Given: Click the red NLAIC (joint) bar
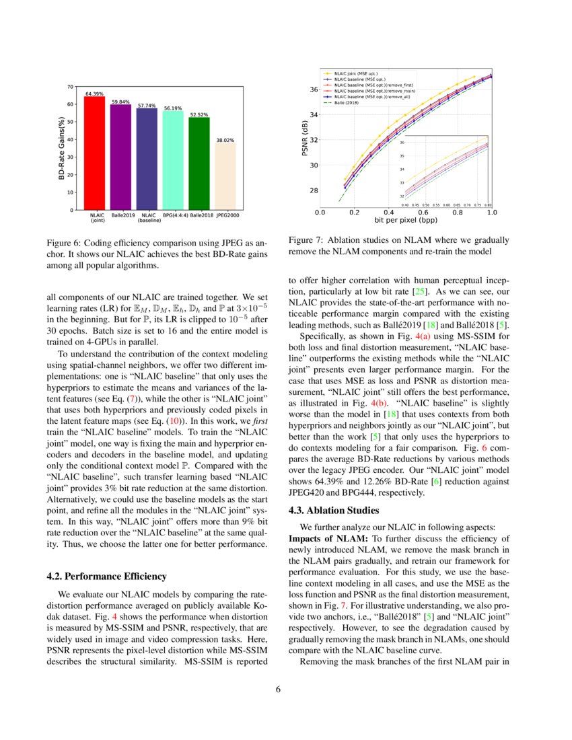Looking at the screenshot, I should tap(94, 153).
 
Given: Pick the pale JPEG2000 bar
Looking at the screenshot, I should tap(225, 176).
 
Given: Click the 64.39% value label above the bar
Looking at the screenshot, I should tap(94, 94).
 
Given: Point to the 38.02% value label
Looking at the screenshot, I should tap(225, 141).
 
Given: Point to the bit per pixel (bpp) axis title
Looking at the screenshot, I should tap(405, 220).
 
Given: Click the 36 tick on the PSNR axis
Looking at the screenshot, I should tap(314, 89).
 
